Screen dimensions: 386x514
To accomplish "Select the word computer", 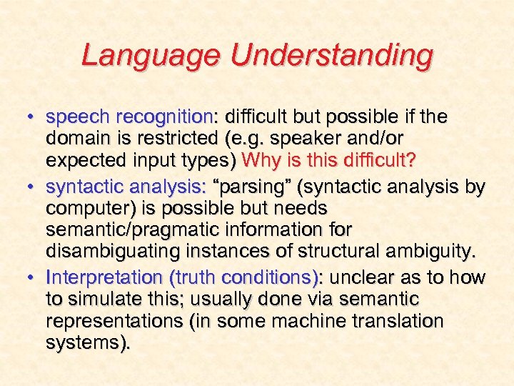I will [84, 208].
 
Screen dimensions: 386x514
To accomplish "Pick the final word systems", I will [87, 343].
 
